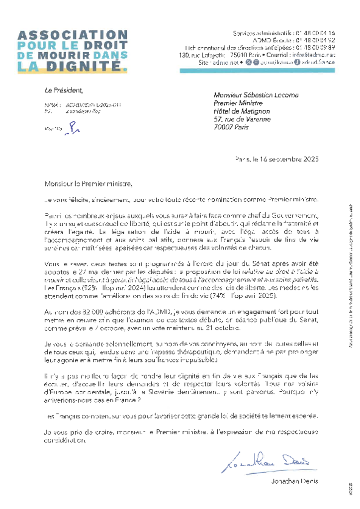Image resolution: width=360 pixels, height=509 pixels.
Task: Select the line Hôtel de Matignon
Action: click(x=242, y=111)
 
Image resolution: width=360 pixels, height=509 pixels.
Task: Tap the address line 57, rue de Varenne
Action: click(x=242, y=119)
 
